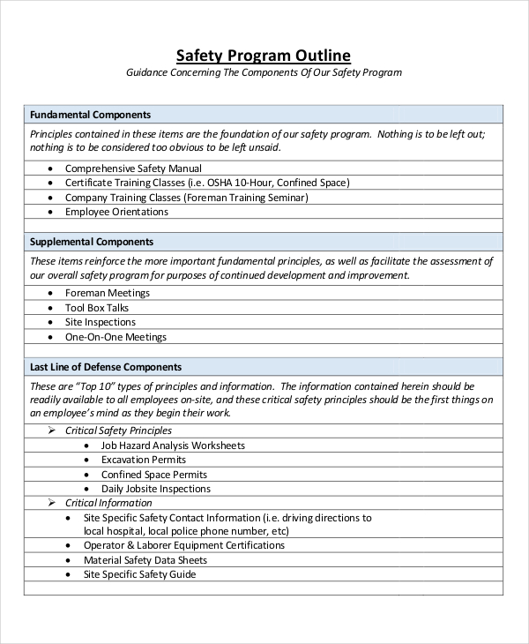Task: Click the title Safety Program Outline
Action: point(264,54)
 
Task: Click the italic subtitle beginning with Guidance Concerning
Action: point(264,72)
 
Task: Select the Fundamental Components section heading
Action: point(90,115)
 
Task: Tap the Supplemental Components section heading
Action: point(92,242)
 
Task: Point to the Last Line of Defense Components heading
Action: point(106,367)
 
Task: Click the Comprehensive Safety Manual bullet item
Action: point(133,168)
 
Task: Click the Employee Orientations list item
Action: point(116,212)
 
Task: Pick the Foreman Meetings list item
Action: point(108,293)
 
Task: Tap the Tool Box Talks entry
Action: point(97,308)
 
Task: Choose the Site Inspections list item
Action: point(100,322)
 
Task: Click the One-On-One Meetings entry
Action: point(115,337)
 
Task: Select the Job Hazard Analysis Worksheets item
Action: point(173,446)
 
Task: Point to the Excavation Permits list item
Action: point(144,460)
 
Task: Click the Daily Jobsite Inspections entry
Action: point(156,489)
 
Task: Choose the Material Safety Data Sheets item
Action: point(145,560)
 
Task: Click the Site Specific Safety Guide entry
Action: point(139,574)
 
